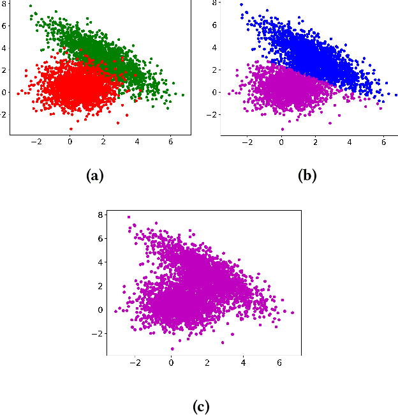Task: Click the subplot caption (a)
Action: (x=94, y=176)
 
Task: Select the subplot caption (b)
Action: (x=307, y=176)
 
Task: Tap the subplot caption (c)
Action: (x=200, y=405)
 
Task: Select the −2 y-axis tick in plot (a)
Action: (x=4, y=114)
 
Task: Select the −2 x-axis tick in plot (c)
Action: (x=135, y=362)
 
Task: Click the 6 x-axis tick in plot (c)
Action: (x=280, y=362)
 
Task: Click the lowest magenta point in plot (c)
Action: (x=172, y=349)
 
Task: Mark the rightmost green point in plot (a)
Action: (x=183, y=95)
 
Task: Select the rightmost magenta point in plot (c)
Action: (x=293, y=313)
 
